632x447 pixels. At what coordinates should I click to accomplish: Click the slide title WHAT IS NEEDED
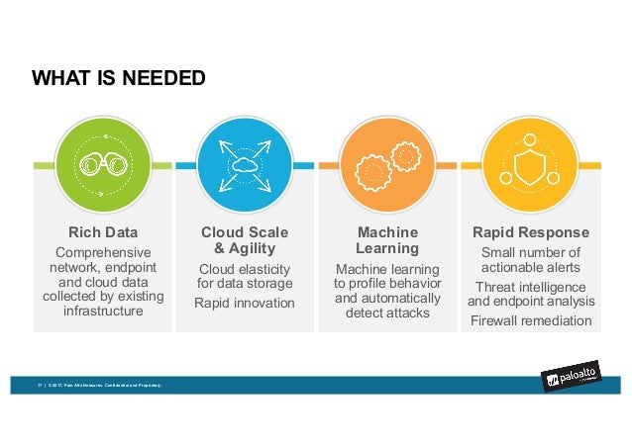[x=119, y=77]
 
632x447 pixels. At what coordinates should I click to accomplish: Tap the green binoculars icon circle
[x=103, y=165]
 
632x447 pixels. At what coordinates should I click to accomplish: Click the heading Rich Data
[x=102, y=233]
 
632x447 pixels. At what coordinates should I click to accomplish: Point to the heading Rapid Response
[x=530, y=233]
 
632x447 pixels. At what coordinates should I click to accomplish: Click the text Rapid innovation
[x=245, y=303]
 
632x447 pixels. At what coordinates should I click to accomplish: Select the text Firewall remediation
[x=531, y=321]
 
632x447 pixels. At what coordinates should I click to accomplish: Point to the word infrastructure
[x=102, y=312]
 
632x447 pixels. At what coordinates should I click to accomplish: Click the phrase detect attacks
[x=387, y=313]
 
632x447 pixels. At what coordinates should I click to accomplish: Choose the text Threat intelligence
[x=531, y=286]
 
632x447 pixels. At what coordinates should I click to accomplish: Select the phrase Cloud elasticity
[x=245, y=269]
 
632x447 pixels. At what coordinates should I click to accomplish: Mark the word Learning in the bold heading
[x=387, y=248]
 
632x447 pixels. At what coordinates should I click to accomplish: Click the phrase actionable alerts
[x=531, y=267]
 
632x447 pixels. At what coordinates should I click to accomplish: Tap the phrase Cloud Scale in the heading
[x=245, y=233]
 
